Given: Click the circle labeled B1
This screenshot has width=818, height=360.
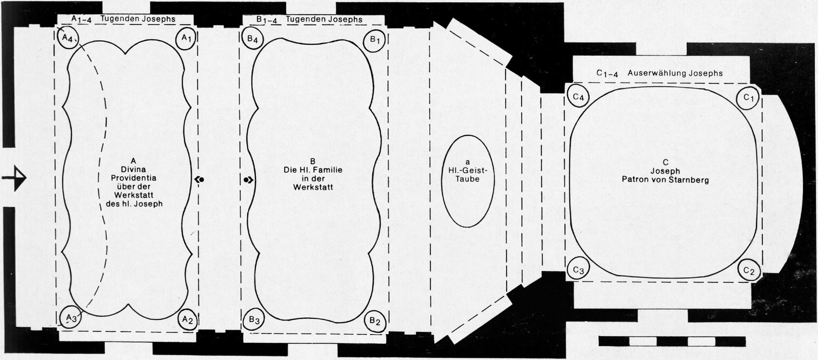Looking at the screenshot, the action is click(376, 40).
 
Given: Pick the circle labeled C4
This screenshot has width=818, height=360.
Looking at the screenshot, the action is click(578, 97).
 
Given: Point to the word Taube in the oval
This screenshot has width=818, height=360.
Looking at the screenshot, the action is click(467, 179).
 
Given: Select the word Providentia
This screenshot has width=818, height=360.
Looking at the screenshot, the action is click(133, 178).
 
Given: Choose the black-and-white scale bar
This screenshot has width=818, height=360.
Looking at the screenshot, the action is click(672, 341).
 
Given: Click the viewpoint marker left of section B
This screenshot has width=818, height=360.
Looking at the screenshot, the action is click(248, 179).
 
